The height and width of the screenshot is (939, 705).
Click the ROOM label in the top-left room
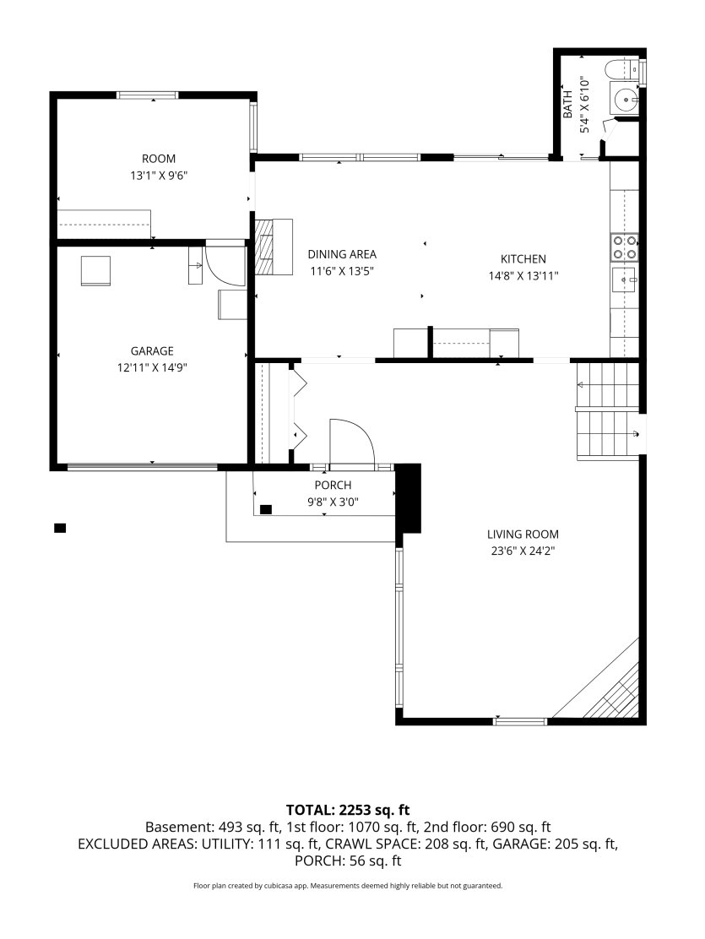[159, 159]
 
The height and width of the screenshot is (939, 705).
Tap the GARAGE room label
[152, 351]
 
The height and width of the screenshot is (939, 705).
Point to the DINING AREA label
[342, 254]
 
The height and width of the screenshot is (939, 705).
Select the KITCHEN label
[523, 258]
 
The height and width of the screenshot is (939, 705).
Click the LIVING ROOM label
[523, 535]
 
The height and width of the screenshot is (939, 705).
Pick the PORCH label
[333, 485]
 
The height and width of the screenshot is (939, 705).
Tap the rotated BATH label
[567, 104]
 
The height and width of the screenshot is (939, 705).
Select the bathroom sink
[626, 99]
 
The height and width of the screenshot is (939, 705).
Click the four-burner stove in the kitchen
[624, 247]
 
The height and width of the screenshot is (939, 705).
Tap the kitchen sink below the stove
[624, 279]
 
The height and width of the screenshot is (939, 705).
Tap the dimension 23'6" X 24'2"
[523, 551]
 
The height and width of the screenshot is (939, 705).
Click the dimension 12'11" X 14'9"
[152, 367]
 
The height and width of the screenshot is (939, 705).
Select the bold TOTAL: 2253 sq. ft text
[348, 811]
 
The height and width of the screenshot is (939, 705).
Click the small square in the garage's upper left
[96, 271]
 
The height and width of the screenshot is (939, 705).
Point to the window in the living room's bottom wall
[520, 722]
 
